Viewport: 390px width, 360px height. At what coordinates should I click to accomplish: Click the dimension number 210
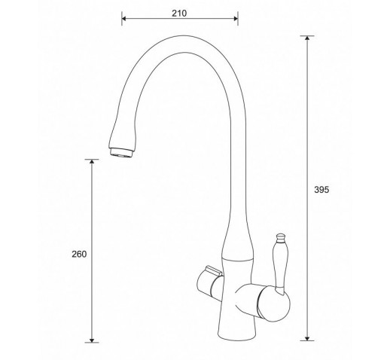(179, 13)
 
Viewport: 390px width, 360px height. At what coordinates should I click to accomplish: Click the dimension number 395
(321, 190)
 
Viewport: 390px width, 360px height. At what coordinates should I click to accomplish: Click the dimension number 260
(79, 255)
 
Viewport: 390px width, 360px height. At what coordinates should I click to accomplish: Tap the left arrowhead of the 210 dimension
(123, 19)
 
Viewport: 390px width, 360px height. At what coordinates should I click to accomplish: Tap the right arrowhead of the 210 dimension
(236, 19)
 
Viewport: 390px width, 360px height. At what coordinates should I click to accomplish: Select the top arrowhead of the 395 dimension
(307, 38)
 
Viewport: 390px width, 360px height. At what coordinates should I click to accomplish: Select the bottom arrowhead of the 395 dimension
(307, 338)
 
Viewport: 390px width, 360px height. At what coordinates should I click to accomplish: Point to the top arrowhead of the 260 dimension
(92, 161)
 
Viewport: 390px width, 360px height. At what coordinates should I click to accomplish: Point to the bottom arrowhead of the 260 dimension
(92, 340)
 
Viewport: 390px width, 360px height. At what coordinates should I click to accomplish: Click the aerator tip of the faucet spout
(121, 153)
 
